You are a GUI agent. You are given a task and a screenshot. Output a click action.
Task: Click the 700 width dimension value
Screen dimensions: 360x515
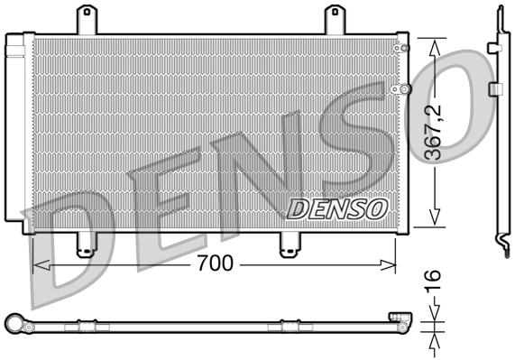pos(216,263)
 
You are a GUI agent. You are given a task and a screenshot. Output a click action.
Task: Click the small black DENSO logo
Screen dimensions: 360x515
pos(336,209)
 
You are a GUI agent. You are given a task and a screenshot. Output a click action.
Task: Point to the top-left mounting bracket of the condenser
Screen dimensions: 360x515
pos(87,20)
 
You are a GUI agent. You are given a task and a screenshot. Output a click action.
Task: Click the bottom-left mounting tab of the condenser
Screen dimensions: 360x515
pos(86,244)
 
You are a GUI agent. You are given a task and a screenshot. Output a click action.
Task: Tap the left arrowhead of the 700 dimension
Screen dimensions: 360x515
pos(39,264)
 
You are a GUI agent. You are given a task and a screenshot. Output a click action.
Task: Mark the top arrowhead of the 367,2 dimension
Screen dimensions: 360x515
pos(436,45)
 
